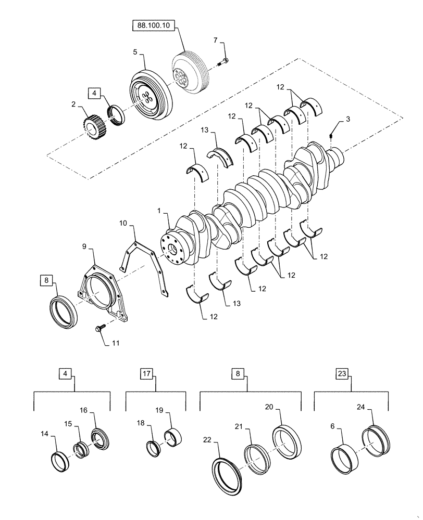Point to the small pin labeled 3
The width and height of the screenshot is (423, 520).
pyautogui.click(x=331, y=136)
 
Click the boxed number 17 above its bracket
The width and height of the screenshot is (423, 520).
pyautogui.click(x=146, y=373)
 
